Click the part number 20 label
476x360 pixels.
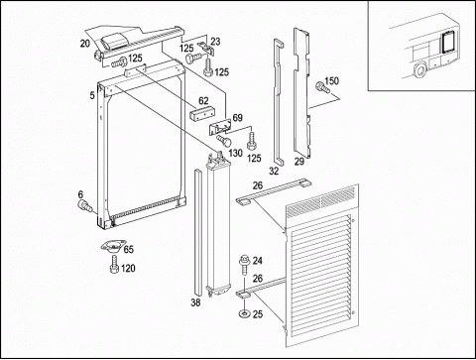tap(85, 44)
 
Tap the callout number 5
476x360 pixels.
tap(92, 95)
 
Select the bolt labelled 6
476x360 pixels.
tap(84, 205)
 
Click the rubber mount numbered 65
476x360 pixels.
tap(112, 247)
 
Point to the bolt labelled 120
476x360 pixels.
tap(114, 265)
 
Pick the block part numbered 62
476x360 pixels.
tap(200, 113)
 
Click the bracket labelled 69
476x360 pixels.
tap(219, 127)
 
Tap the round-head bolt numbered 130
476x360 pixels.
tap(224, 140)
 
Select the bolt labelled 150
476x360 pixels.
tap(322, 87)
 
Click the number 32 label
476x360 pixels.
tap(274, 171)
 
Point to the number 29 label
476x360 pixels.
tap(299, 162)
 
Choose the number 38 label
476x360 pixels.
tap(195, 302)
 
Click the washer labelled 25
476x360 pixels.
tap(244, 313)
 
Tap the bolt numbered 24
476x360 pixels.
tap(244, 265)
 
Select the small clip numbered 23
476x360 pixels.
tap(206, 48)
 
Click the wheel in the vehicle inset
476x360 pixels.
tap(420, 70)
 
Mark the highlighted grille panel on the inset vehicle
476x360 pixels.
tap(448, 41)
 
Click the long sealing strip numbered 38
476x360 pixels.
tap(197, 233)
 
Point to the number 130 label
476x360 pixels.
tap(235, 153)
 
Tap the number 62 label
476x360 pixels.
tap(203, 100)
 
